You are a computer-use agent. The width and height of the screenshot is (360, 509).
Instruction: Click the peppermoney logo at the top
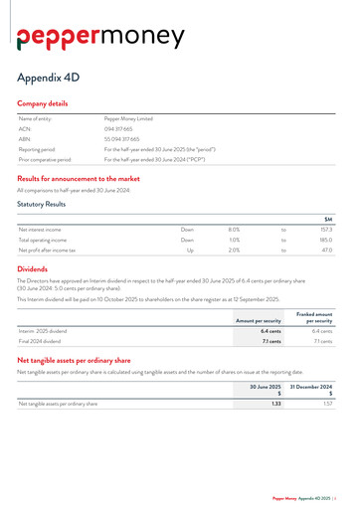tap(100, 37)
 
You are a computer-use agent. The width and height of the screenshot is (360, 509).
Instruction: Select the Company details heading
tap(43, 103)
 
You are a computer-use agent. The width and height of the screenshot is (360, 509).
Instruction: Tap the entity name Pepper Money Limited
tap(126, 118)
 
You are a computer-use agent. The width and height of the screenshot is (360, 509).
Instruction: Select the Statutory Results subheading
tap(42, 204)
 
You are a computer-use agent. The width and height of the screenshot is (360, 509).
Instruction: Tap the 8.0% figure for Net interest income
tap(234, 229)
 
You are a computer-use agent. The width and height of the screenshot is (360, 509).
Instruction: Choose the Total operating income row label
tap(46, 240)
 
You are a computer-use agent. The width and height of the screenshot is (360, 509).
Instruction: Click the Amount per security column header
tap(259, 321)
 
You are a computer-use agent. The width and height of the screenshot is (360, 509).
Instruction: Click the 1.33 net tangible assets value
tap(276, 405)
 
